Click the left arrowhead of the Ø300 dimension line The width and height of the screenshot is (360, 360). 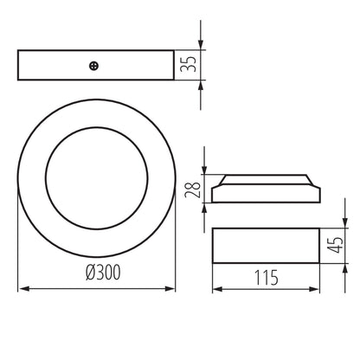[22, 288]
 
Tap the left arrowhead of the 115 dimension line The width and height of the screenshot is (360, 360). [216, 289]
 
